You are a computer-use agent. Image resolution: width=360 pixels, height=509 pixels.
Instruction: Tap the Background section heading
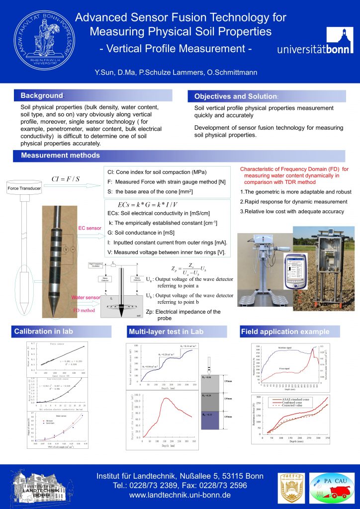coord(42,95)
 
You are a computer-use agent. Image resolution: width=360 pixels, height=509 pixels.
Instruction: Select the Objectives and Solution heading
coord(235,96)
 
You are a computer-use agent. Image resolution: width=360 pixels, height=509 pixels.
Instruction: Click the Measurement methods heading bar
coord(60,156)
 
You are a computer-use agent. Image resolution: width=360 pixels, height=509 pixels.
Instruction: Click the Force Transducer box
coord(24,188)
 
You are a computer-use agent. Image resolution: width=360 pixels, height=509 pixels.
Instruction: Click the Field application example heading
coord(284,332)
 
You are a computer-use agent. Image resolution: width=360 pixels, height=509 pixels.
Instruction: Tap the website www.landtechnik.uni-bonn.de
coord(180,496)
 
